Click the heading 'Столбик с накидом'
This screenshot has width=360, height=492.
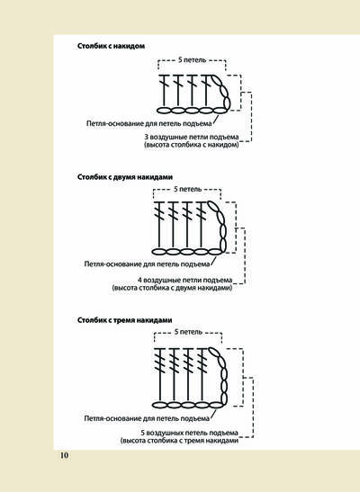pos(111,46)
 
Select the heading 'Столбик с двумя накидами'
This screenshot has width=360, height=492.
pos(125,177)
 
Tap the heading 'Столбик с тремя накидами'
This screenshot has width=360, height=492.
pos(124,320)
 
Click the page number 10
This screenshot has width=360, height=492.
pos(64,455)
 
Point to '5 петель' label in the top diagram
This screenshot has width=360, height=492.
pos(192,59)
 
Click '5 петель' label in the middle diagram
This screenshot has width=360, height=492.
pos(188,189)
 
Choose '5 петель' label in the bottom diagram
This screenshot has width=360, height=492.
pos(188,332)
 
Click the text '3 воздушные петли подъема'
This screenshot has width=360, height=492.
pos(192,137)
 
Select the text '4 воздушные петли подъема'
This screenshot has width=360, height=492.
pos(185,280)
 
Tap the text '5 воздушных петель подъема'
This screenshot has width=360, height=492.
pos(189,433)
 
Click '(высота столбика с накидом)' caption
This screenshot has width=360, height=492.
pos(192,145)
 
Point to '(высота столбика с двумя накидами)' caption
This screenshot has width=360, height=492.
pos(172,288)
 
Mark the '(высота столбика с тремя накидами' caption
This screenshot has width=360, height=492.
pos(179,441)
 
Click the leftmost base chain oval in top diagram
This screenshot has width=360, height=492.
pos(164,111)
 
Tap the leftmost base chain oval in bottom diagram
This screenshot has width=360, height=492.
pos(159,405)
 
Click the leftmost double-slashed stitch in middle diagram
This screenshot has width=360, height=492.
pos(160,225)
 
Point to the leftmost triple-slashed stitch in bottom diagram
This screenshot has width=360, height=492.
pos(160,374)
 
